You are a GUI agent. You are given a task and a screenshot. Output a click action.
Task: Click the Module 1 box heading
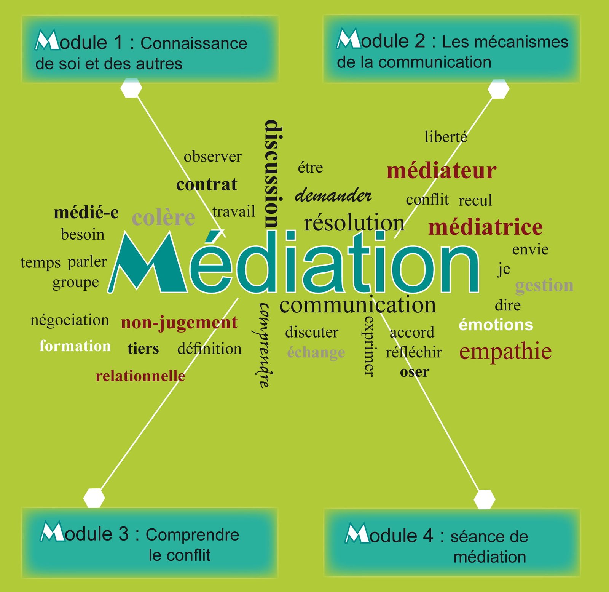coord(150,49)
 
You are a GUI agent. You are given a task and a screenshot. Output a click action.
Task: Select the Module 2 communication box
coord(451,49)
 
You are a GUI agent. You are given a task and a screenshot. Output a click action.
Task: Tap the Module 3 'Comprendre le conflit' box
coord(150,542)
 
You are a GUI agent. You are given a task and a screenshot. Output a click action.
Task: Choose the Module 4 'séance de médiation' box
coord(452,542)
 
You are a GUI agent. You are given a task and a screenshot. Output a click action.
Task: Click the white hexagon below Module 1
coord(131,88)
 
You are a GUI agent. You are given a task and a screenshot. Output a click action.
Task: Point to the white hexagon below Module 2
coord(498,89)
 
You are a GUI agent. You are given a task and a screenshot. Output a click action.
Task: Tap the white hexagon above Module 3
coord(94,498)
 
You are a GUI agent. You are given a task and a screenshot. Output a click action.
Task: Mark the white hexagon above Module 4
coord(485,499)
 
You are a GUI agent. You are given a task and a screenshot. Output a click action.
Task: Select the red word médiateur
coord(442,171)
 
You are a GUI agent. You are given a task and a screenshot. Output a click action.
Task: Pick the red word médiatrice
coord(485,227)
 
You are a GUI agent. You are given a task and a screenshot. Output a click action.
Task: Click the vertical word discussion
coord(274,174)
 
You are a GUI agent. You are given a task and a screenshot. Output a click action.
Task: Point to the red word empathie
coord(505,352)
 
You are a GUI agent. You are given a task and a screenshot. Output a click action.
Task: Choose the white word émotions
coord(496,325)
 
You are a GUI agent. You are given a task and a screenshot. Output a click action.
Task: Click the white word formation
coord(75,346)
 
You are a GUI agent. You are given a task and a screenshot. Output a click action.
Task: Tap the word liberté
coord(446,137)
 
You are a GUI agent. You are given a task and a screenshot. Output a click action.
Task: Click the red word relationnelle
coord(140,376)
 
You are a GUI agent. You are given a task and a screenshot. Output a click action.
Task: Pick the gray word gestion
coord(544,286)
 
